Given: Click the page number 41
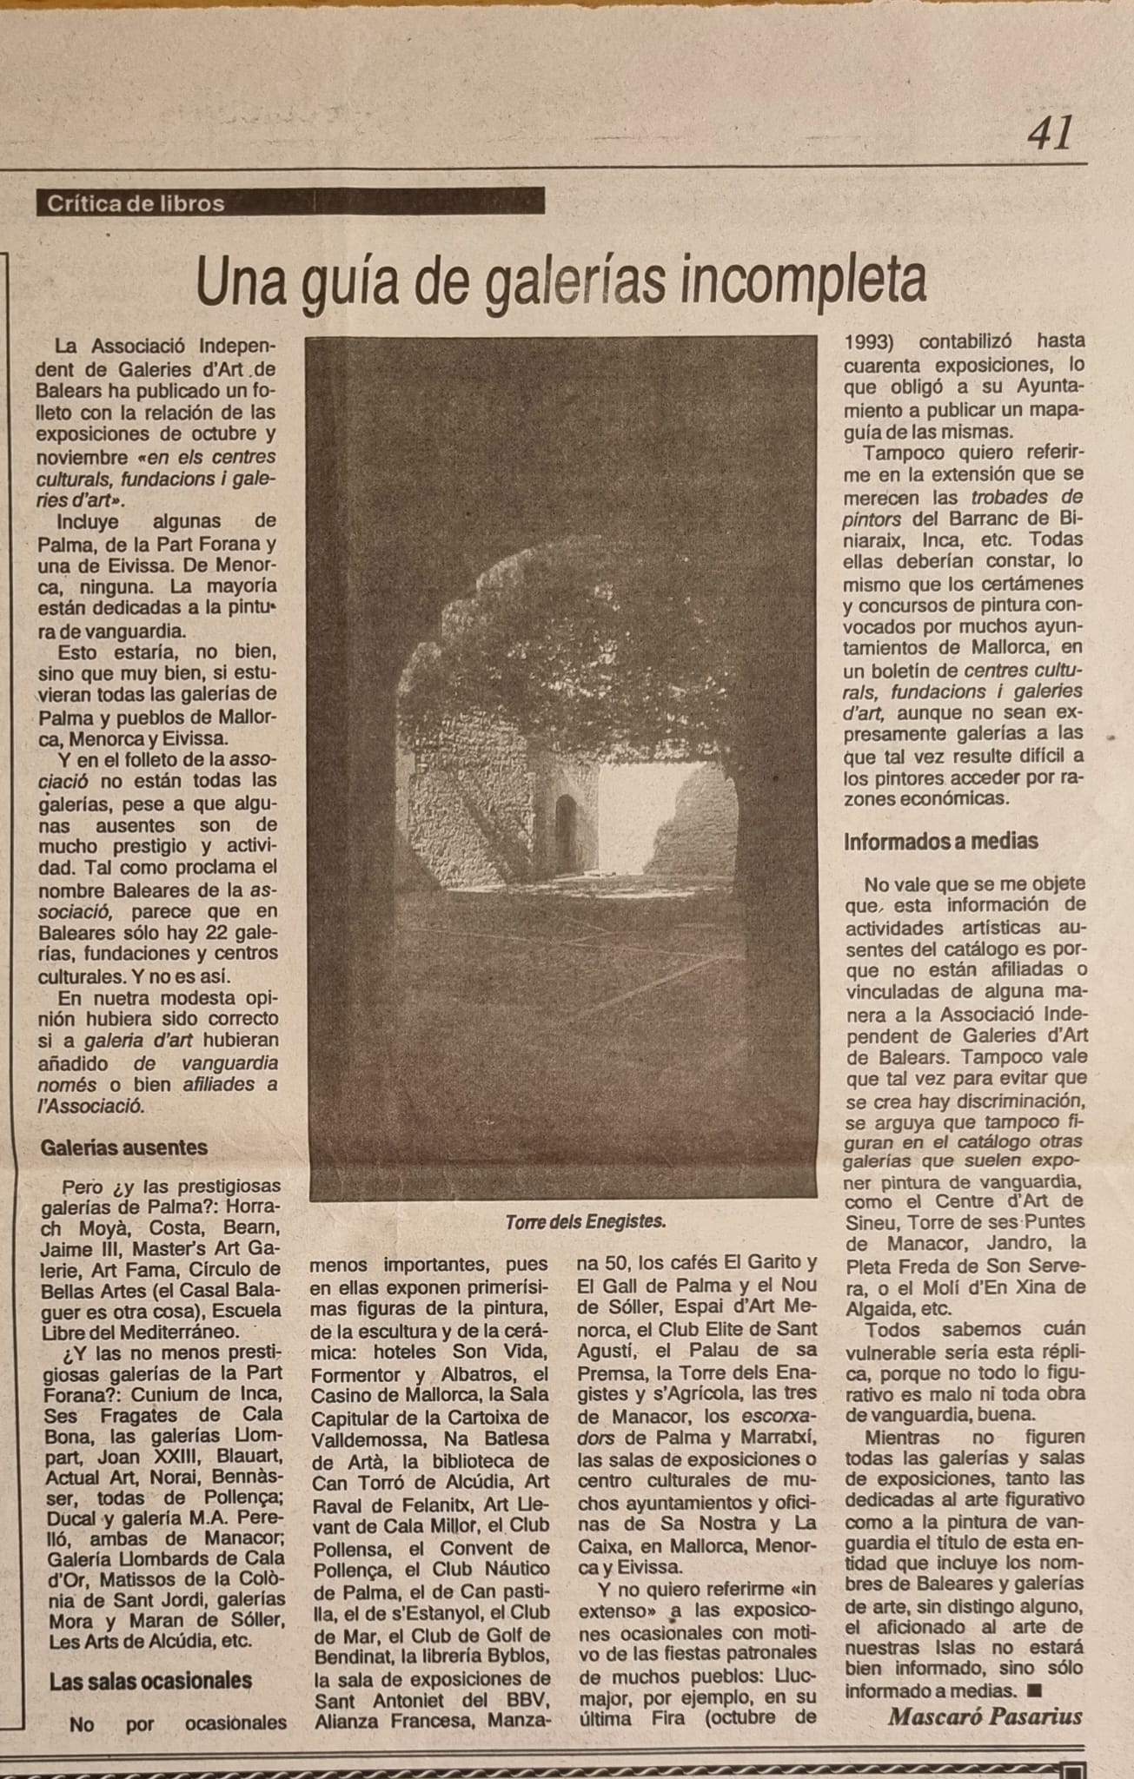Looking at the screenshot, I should (x=1050, y=134).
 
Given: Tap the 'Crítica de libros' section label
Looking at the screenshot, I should (x=136, y=203).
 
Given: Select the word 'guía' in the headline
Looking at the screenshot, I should (x=349, y=282).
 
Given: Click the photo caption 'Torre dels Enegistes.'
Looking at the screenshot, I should (x=585, y=1221).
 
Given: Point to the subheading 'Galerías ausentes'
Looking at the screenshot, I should (x=123, y=1147).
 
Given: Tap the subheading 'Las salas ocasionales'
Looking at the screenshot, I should (x=150, y=1682).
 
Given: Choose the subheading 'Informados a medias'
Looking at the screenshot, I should (x=941, y=841).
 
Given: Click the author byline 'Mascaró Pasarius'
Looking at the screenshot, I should (x=985, y=1716).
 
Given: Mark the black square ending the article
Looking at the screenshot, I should (x=1034, y=1690).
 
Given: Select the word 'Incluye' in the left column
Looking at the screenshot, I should (x=87, y=521).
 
